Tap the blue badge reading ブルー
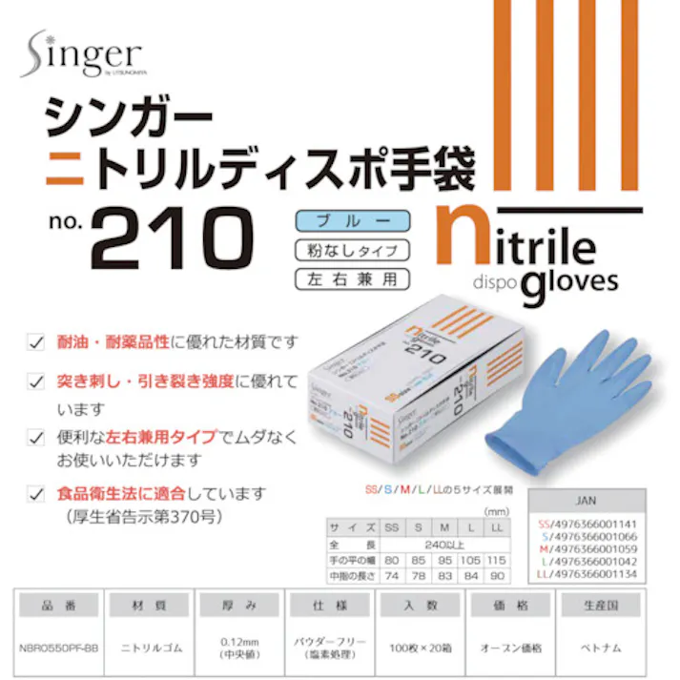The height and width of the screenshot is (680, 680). [352, 221]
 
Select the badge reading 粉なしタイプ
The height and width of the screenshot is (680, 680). [352, 251]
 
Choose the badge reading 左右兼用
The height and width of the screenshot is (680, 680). [352, 280]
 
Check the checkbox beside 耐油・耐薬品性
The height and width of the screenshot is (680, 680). [36, 340]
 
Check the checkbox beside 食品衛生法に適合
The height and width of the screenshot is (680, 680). [36, 494]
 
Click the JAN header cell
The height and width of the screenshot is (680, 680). [587, 499]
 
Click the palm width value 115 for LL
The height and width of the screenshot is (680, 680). [498, 559]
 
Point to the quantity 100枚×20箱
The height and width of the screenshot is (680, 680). [417, 648]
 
